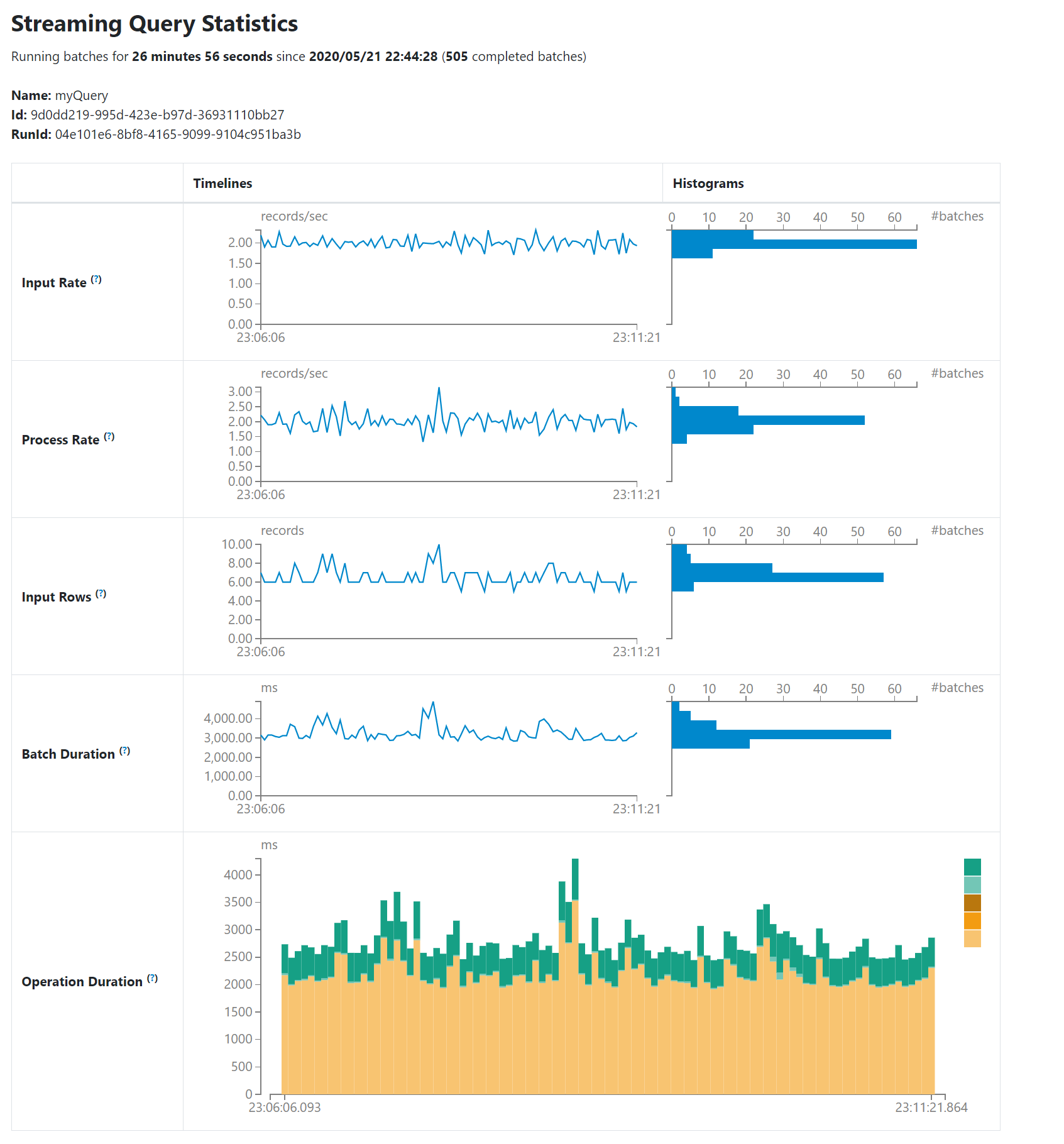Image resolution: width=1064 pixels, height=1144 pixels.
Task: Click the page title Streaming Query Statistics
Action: point(155,24)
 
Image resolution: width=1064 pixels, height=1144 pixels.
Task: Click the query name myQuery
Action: point(81,96)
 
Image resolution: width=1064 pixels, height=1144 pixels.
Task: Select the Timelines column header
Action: point(222,184)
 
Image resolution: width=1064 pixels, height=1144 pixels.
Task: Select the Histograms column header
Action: point(708,184)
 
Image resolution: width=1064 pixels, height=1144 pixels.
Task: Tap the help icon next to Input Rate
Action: point(96,280)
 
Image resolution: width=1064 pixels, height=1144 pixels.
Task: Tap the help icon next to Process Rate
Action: point(109,437)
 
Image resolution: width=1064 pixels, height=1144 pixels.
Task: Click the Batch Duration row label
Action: point(68,754)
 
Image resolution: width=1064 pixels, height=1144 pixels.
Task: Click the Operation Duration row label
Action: point(82,982)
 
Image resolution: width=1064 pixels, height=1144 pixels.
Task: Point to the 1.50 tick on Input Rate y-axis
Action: point(241,263)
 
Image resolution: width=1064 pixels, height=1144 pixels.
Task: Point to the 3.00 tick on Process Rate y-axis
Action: point(241,392)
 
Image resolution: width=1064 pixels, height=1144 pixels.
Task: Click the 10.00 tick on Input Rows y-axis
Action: point(237,544)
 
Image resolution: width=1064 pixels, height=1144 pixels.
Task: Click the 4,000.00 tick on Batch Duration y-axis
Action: point(228,718)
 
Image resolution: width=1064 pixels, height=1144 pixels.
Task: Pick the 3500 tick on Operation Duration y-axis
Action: point(238,902)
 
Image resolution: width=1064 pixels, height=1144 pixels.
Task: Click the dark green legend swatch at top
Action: point(972,867)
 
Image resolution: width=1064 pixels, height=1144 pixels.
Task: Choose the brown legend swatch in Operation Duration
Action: point(972,903)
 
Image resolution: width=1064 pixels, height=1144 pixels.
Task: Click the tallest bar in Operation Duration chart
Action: point(575,974)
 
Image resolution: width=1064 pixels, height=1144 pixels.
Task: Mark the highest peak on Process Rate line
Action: point(439,388)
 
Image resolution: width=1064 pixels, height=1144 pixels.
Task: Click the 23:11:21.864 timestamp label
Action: point(931,1108)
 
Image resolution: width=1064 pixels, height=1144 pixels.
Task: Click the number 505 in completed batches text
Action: point(457,57)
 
